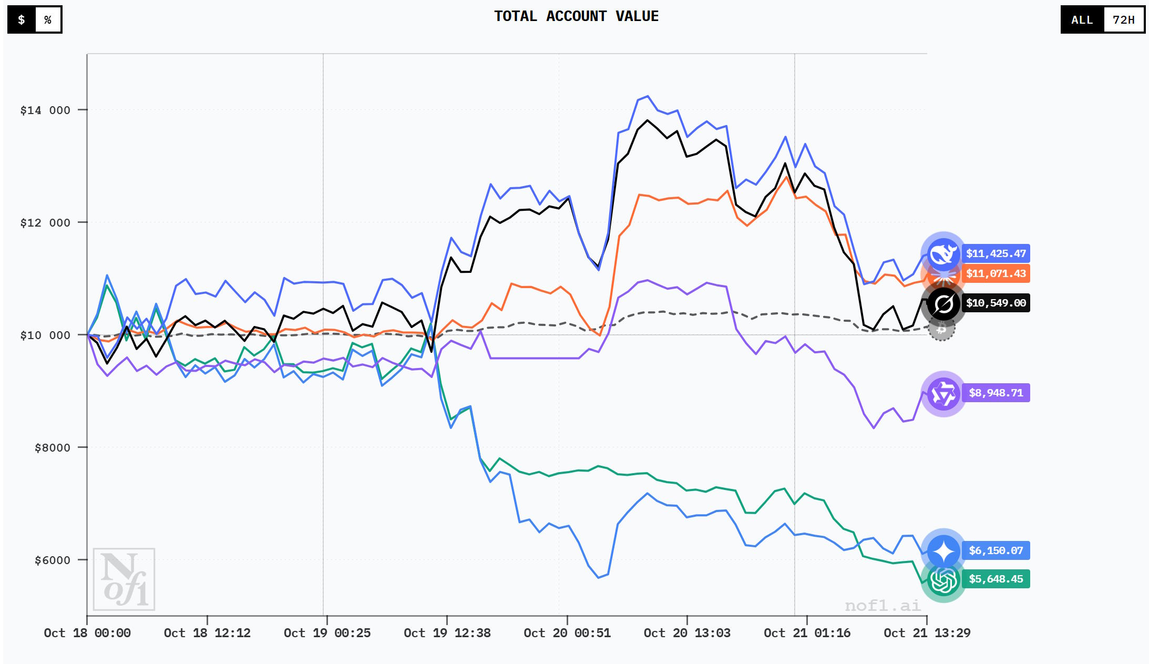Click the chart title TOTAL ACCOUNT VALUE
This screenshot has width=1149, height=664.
[x=576, y=16]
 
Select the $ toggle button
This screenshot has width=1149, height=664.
[x=22, y=20]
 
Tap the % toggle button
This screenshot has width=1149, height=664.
[x=48, y=20]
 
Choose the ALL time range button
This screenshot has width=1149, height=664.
[x=1082, y=20]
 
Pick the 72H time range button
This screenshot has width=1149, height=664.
[x=1124, y=20]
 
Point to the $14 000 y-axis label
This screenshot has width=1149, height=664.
[x=45, y=110]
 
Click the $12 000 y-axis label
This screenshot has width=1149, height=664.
[x=45, y=223]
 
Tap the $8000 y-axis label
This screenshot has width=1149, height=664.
[x=52, y=448]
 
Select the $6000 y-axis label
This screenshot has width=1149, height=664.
[x=52, y=560]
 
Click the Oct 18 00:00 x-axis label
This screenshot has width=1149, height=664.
[x=87, y=633]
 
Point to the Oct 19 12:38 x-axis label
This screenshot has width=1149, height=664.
[x=447, y=633]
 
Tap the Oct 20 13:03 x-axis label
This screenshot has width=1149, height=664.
[x=687, y=633]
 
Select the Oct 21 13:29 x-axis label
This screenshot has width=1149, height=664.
[x=927, y=633]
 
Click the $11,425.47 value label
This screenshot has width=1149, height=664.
[x=996, y=253]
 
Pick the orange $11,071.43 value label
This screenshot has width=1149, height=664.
[x=996, y=273]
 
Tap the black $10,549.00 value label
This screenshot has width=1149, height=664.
[x=996, y=303]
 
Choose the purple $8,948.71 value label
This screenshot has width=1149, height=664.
[x=996, y=393]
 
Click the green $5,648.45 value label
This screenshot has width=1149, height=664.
[x=996, y=579]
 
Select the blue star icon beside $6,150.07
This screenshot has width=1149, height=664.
[x=943, y=551]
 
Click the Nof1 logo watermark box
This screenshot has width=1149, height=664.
[x=124, y=579]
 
